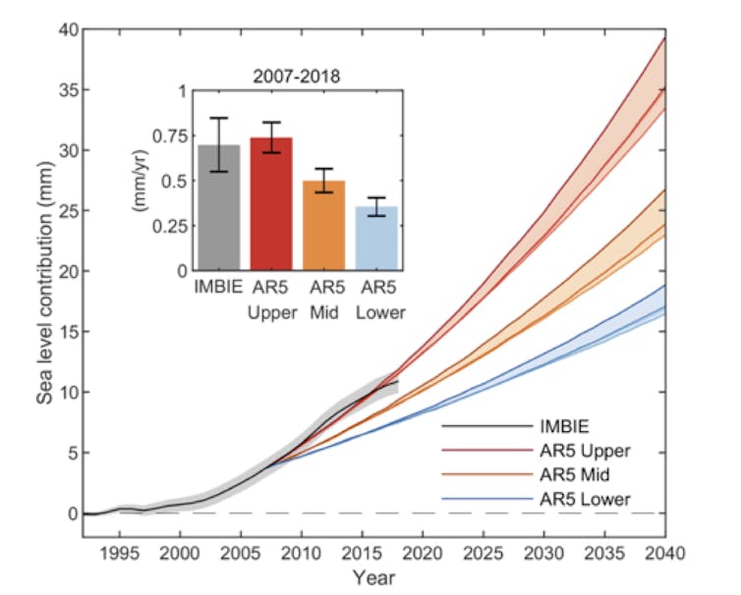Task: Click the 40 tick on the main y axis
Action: (65, 29)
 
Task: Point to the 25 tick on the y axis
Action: (65, 211)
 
